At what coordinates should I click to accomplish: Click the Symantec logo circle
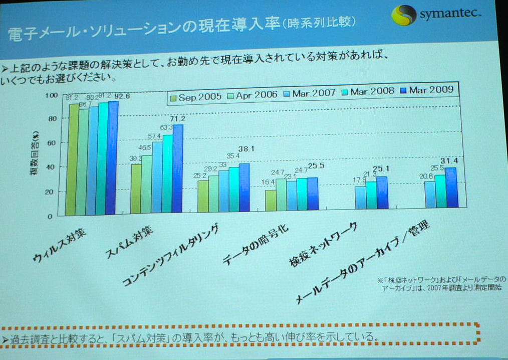pos(403,15)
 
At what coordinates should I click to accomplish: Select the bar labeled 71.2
pos(177,167)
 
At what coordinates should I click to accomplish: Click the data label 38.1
pos(246,149)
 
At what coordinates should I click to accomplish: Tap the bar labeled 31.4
pos(450,188)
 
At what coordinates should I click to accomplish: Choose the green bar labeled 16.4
pos(270,200)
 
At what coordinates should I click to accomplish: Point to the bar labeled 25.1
pos(382,192)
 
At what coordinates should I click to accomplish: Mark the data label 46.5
pos(145,147)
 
